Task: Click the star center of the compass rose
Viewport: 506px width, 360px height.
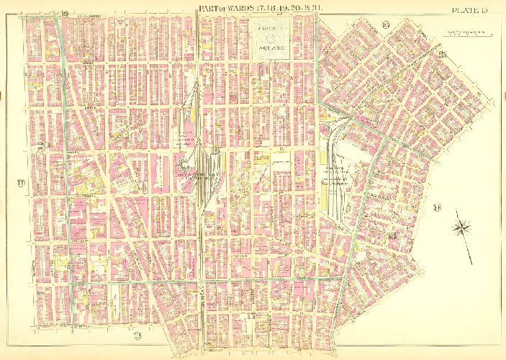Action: (462, 230)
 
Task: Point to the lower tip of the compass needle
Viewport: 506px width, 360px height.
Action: (472, 264)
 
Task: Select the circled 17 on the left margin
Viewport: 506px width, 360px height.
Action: (22, 184)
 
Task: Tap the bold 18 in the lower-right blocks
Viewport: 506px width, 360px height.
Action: (392, 235)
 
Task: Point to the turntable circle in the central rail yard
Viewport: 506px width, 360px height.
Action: (207, 152)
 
